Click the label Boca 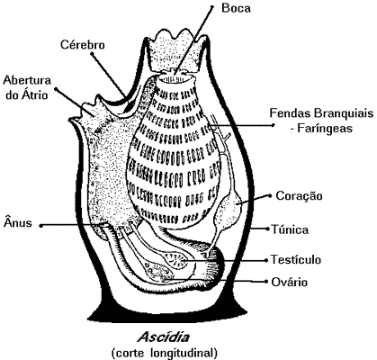(236, 8)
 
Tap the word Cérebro (83, 45)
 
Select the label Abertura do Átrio (27, 87)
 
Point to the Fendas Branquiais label (321, 113)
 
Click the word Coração (299, 196)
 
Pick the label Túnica (290, 229)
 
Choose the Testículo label (296, 259)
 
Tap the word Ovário (289, 282)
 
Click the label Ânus (18, 223)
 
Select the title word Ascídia (164, 337)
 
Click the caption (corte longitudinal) (164, 353)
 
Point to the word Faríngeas (325, 129)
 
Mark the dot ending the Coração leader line (270, 195)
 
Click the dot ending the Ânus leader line (41, 226)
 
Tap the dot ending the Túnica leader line (268, 229)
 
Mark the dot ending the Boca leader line (212, 6)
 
